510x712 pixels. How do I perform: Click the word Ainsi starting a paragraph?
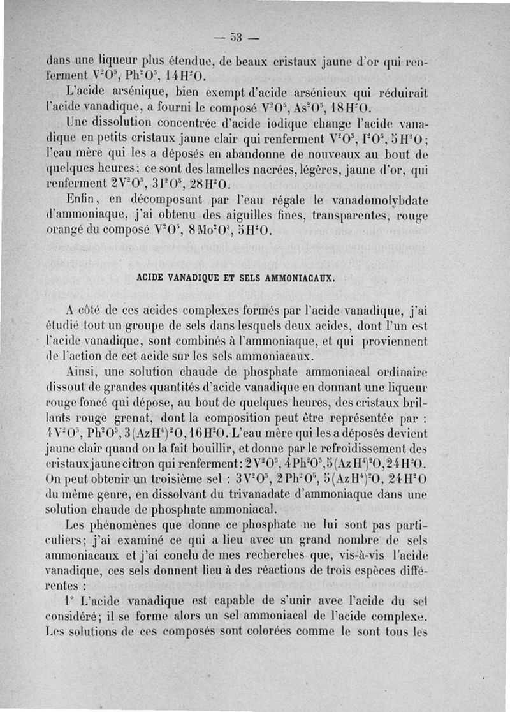pyautogui.click(x=82, y=370)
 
